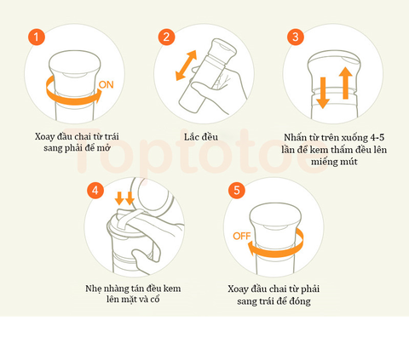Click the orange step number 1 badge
click(37, 37)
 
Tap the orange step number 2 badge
click(166, 37)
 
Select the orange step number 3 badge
click(296, 37)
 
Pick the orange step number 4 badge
click(95, 190)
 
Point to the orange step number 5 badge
click(237, 190)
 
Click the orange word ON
click(107, 85)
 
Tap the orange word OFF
click(242, 236)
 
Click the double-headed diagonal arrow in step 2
click(187, 66)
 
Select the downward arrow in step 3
click(323, 93)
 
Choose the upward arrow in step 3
click(345, 83)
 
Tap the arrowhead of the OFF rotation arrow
click(251, 249)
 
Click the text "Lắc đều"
click(201, 137)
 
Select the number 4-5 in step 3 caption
click(377, 138)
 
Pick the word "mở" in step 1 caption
click(104, 148)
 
